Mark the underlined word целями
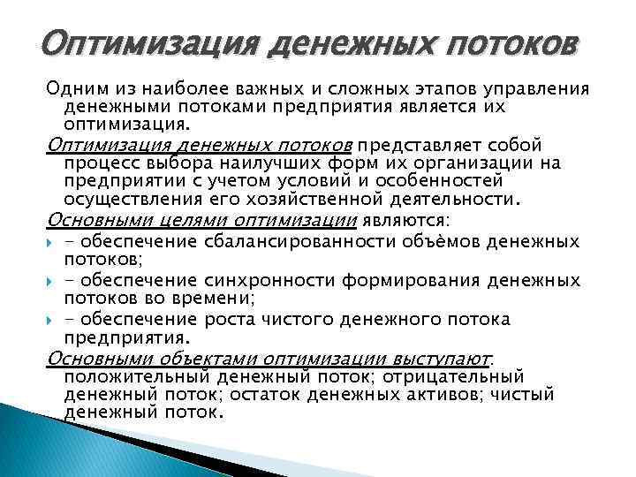point(172,220)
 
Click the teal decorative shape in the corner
point(35,442)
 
